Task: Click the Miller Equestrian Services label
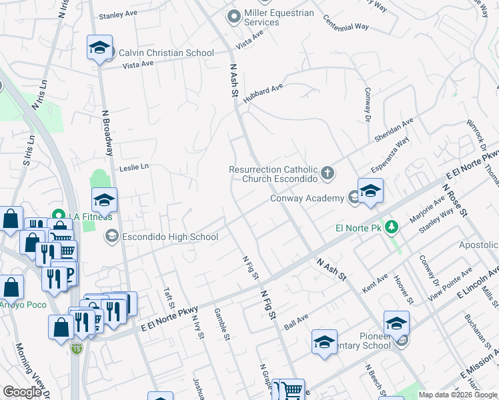279,17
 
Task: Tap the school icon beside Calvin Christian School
99,48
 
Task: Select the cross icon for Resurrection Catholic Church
327,174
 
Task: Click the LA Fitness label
89,215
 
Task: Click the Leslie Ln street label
133,167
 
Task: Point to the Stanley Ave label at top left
117,15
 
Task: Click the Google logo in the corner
22,392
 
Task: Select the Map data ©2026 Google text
457,395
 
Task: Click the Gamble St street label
221,325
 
